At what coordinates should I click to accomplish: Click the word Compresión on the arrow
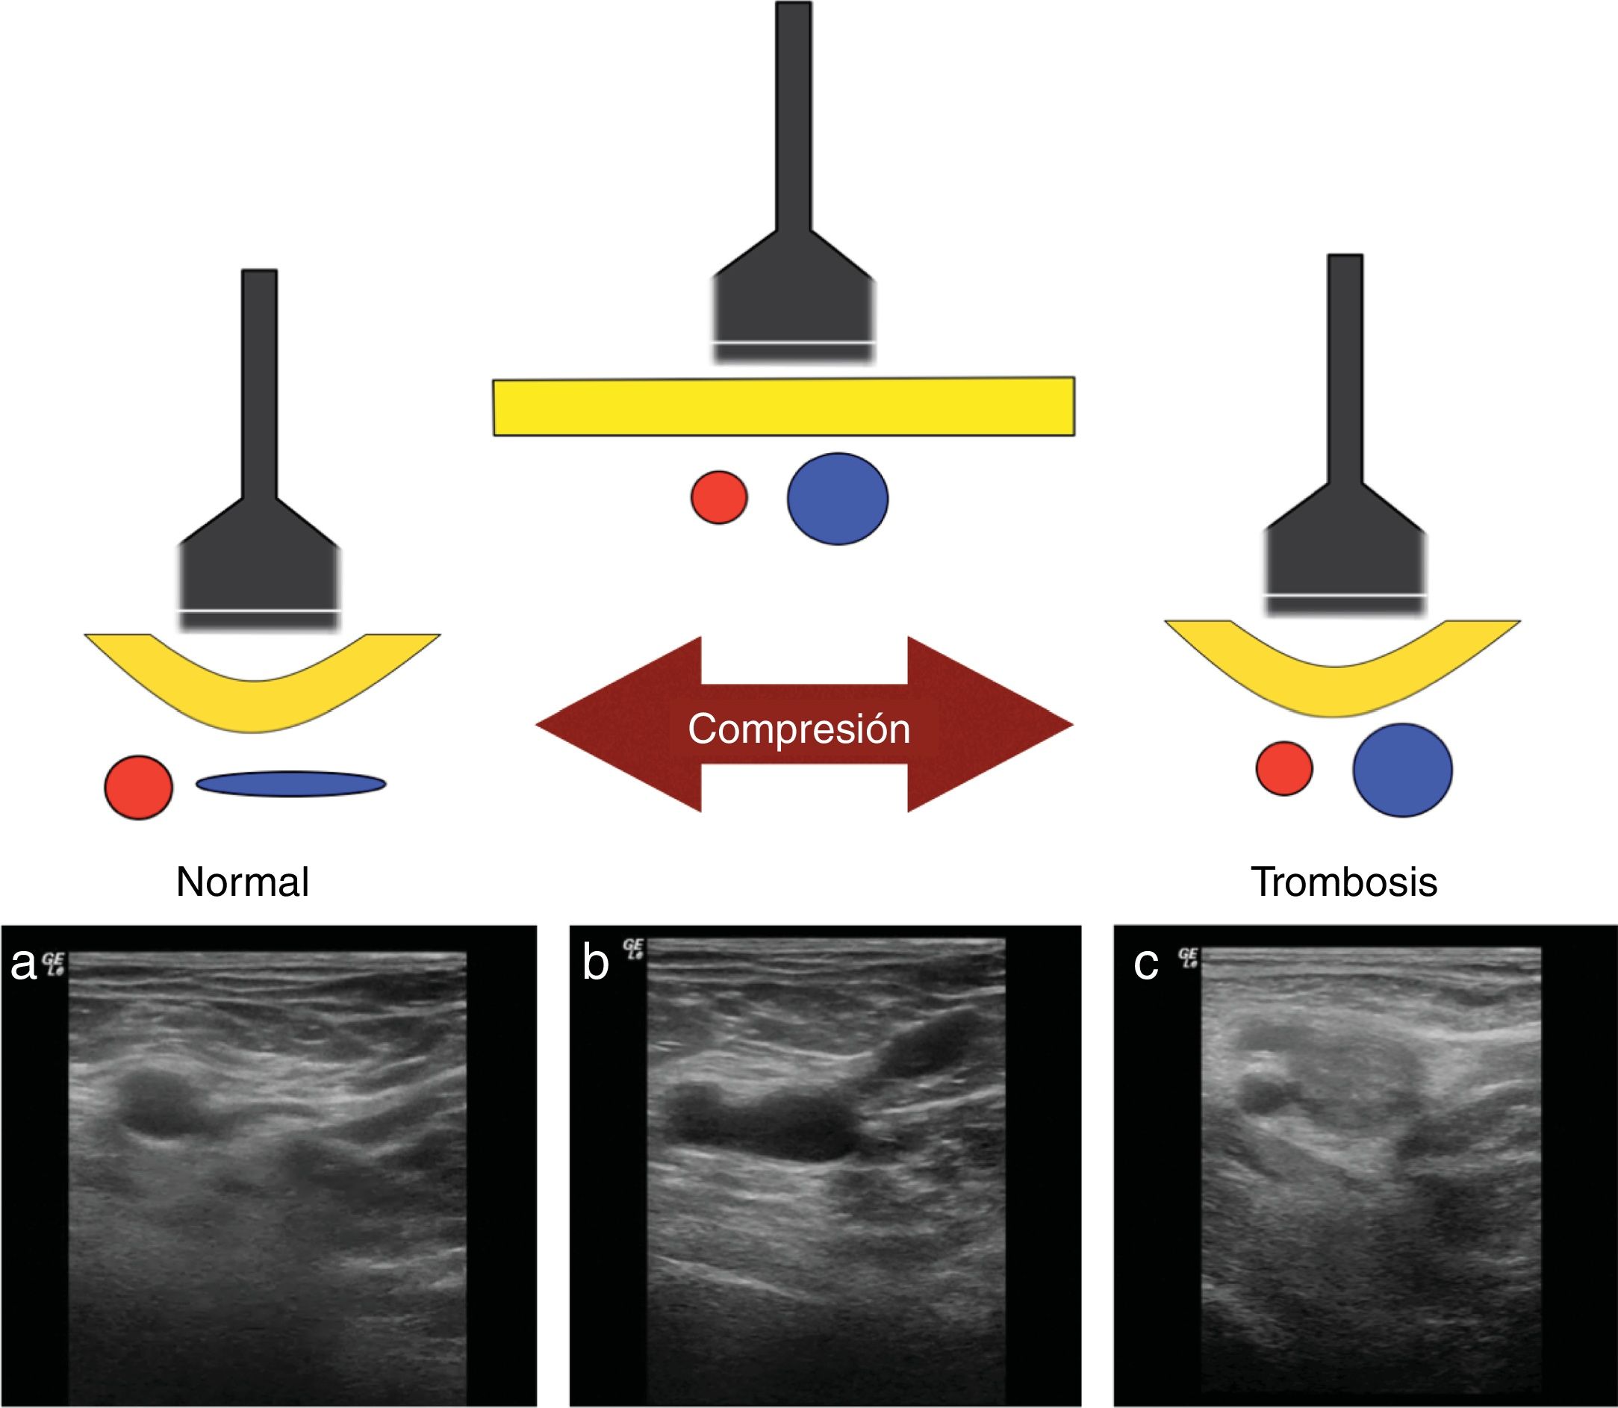click(799, 729)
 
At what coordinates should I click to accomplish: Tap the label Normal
click(242, 882)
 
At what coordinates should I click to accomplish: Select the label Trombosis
click(1344, 882)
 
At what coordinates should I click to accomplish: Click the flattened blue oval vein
click(290, 783)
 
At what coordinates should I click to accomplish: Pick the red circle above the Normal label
click(138, 788)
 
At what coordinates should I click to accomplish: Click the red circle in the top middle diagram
click(719, 497)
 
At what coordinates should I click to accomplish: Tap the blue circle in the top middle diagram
click(838, 498)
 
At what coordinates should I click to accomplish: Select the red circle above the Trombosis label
click(1284, 767)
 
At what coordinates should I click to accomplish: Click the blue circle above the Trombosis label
click(1403, 770)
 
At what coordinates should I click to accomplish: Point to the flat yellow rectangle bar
click(783, 406)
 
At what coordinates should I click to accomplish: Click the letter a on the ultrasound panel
click(23, 964)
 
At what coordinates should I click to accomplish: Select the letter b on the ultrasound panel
click(595, 962)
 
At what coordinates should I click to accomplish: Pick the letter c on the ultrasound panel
click(1145, 964)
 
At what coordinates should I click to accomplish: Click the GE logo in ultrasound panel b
click(633, 948)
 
